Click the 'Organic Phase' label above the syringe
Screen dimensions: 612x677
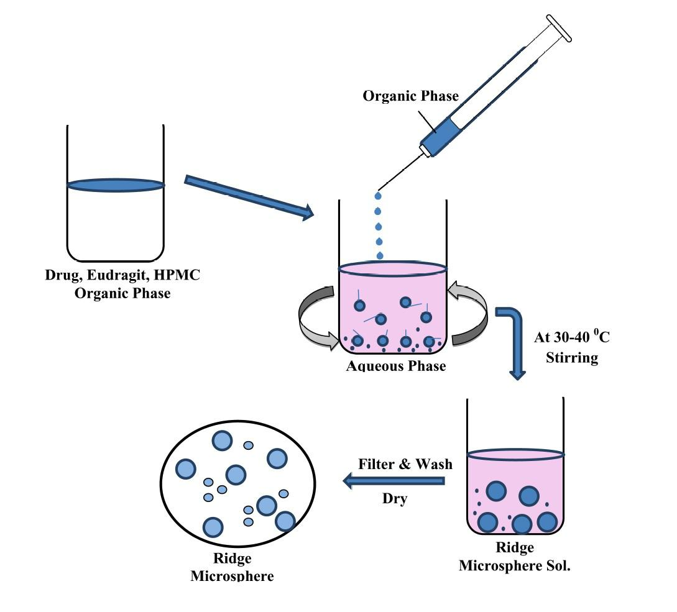[x=411, y=96]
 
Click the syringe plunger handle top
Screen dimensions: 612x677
[x=559, y=29]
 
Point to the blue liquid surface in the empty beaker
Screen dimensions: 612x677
[x=116, y=185]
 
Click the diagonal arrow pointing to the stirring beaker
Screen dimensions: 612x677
[x=249, y=197]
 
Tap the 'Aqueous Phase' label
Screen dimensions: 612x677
[x=396, y=366]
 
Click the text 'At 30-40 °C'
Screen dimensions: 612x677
[x=571, y=337]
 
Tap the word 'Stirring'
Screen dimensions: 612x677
[x=571, y=358]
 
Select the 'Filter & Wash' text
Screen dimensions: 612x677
[x=405, y=464]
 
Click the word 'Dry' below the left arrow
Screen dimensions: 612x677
[x=395, y=498]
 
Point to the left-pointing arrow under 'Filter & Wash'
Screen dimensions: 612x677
[x=394, y=481]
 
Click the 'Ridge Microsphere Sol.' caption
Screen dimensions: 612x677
[x=514, y=557]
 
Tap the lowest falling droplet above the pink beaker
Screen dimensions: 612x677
[x=380, y=255]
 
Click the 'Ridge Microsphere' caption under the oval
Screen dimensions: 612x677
[x=231, y=567]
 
